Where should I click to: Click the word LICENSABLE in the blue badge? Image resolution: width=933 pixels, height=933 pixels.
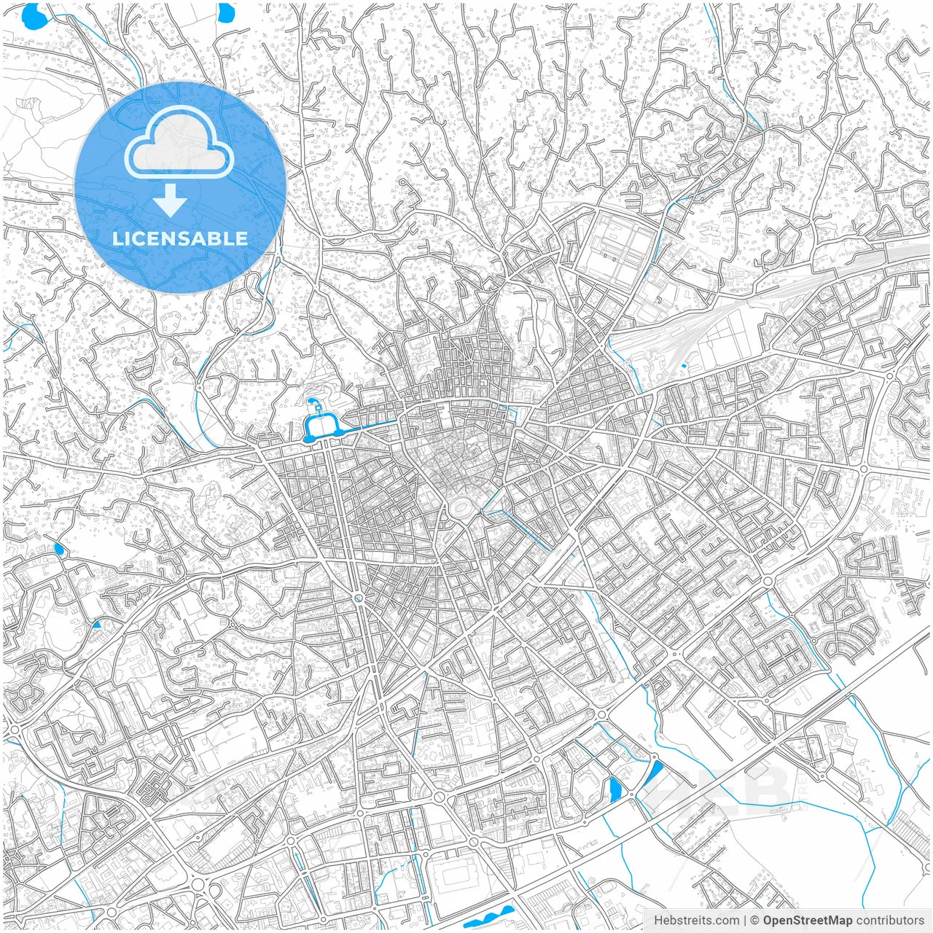[x=179, y=238]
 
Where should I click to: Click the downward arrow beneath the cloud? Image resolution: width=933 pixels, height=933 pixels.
[x=171, y=200]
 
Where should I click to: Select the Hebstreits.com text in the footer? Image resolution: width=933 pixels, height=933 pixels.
[x=696, y=921]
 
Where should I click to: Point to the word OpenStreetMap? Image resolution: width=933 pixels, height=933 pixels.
[x=807, y=921]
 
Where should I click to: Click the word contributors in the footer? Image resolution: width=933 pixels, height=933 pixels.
[x=890, y=921]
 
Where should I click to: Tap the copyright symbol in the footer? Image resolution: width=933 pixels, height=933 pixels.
[x=755, y=921]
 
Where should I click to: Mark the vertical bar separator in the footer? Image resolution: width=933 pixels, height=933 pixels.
[x=745, y=921]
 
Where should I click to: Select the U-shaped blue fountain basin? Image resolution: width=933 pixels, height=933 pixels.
[x=321, y=427]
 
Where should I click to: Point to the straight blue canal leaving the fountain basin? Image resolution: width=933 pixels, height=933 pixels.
[x=368, y=423]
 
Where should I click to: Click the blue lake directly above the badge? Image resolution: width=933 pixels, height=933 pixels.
[x=227, y=12]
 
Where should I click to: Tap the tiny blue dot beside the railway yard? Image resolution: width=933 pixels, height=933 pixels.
[x=683, y=364]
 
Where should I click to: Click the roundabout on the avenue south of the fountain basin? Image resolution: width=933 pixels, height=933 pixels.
[x=358, y=598]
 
